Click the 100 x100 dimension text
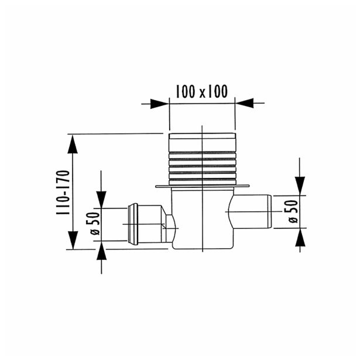pos(201,91)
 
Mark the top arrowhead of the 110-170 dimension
pos(73,143)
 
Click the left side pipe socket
pos(149,223)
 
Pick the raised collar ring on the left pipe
pos(133,223)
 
